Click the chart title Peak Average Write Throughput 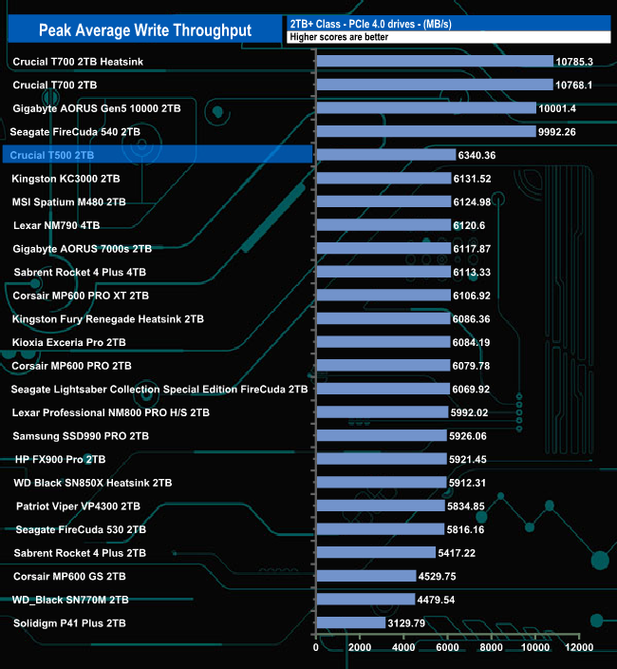[x=145, y=30]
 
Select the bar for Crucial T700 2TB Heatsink [x=434, y=61]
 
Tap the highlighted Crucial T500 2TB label [x=51, y=155]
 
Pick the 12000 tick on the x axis [x=579, y=648]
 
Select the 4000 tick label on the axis [x=403, y=648]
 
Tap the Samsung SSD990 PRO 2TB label [x=81, y=435]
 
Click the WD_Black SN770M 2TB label [x=70, y=600]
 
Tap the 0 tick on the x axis [x=316, y=648]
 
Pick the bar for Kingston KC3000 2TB [x=383, y=178]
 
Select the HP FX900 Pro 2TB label [x=61, y=459]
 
